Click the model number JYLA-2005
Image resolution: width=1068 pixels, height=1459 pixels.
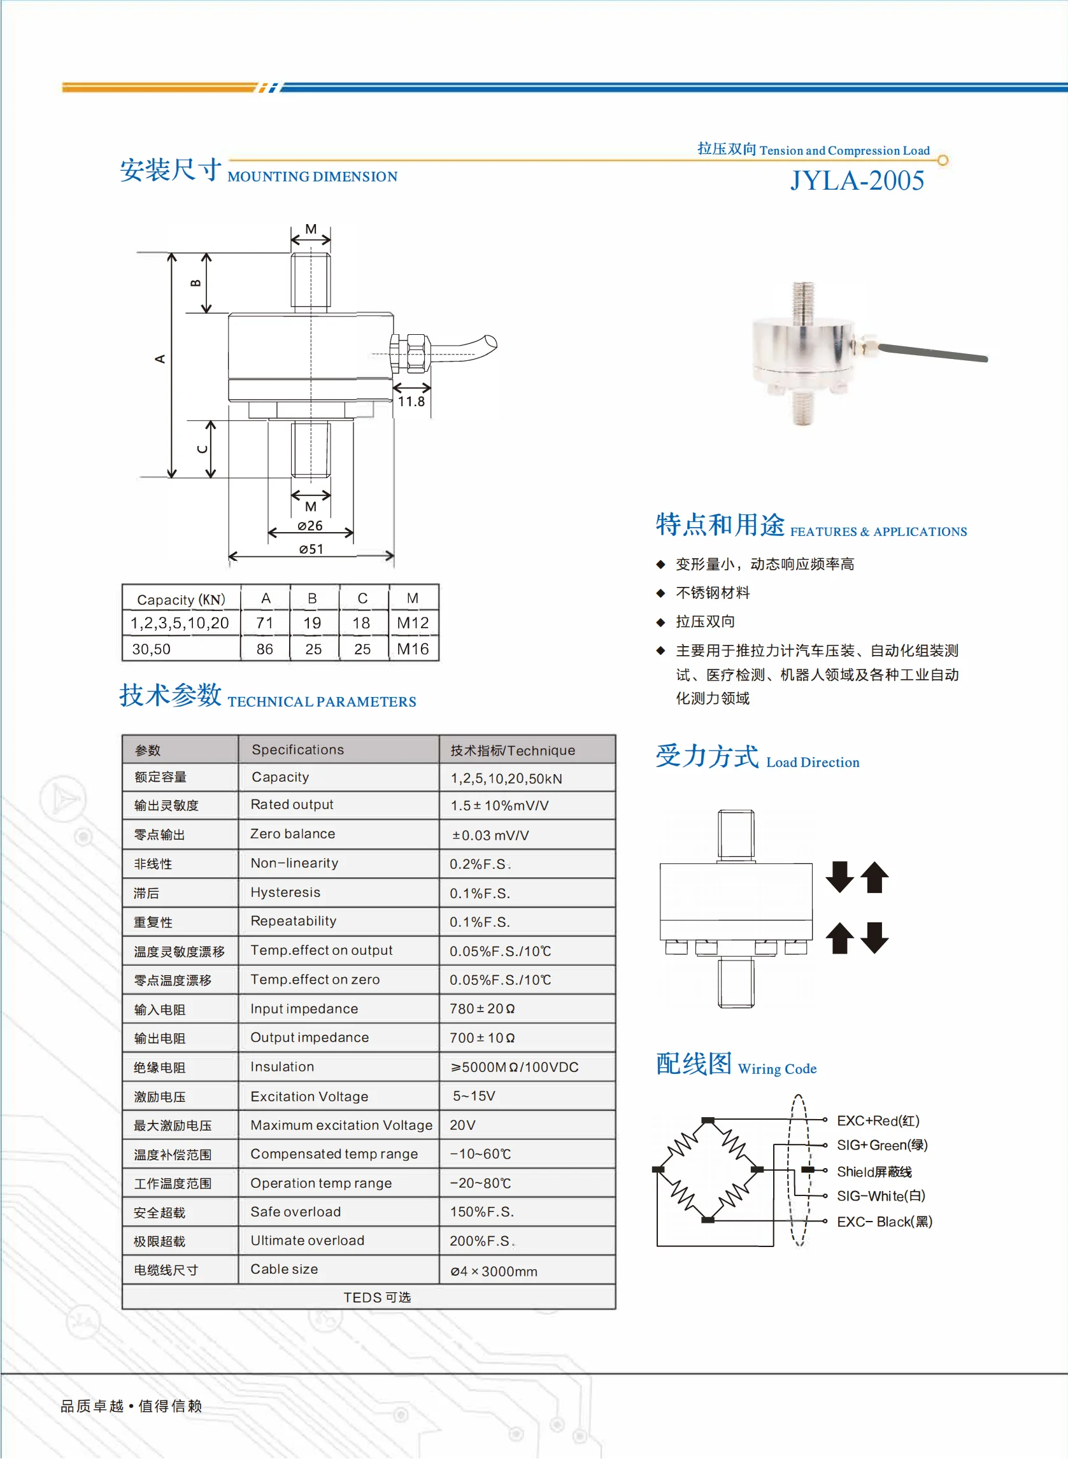[x=857, y=180]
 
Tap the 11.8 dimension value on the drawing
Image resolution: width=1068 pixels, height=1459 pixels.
[x=411, y=401]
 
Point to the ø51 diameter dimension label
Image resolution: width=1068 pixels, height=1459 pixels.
[x=311, y=549]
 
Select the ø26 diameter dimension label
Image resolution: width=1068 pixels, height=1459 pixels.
[x=310, y=525]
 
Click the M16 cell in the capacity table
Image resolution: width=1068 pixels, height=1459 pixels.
[x=413, y=649]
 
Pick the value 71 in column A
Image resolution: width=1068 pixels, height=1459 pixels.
[x=264, y=623]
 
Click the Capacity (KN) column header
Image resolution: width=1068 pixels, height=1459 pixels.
[x=181, y=600]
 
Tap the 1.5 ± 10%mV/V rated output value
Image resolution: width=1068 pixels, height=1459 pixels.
[x=500, y=805]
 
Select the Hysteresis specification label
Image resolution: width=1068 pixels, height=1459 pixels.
[x=285, y=892]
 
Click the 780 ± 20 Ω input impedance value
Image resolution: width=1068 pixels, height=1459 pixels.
[x=482, y=1009]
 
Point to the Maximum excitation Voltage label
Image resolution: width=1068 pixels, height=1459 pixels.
[x=341, y=1125]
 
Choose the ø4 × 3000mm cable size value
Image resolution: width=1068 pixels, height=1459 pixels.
[x=494, y=1271]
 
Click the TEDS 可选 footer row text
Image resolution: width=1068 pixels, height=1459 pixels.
[x=377, y=1297]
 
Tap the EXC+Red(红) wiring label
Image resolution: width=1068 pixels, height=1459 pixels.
[x=878, y=1120]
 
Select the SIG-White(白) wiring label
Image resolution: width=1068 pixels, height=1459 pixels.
[x=881, y=1196]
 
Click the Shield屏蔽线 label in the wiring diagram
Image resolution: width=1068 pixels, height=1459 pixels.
[x=874, y=1171]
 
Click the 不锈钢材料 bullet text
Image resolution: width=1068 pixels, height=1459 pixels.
[x=713, y=593]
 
